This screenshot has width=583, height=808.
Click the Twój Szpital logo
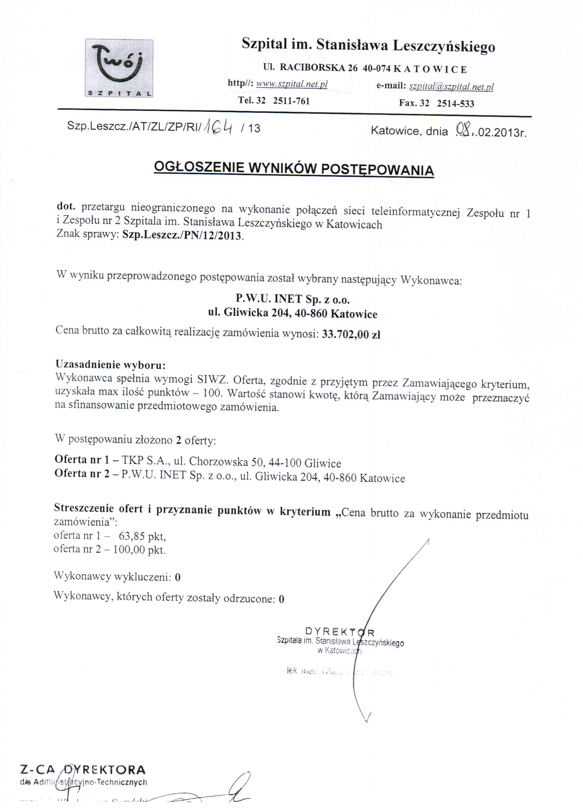pyautogui.click(x=119, y=68)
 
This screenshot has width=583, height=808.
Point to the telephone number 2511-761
pyautogui.click(x=291, y=101)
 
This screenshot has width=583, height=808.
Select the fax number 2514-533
pyautogui.click(x=455, y=104)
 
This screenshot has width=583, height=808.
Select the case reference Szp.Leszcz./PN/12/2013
pyautogui.click(x=182, y=236)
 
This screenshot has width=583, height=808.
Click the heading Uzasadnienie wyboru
pyautogui.click(x=110, y=364)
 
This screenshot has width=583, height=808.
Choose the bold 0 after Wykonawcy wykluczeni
pyautogui.click(x=178, y=577)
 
